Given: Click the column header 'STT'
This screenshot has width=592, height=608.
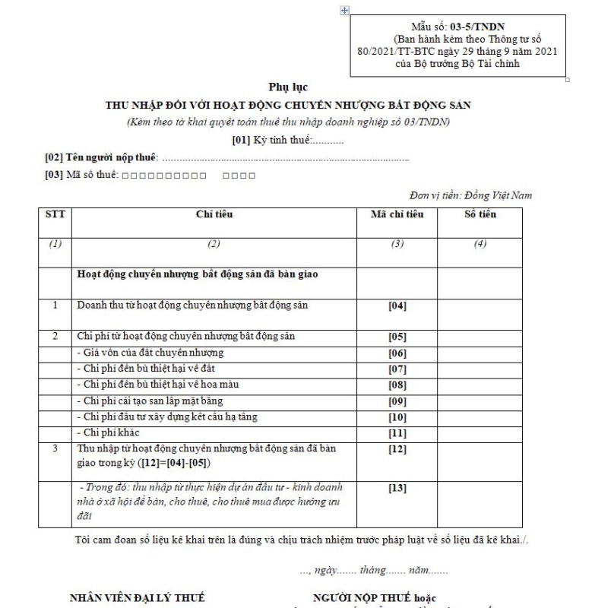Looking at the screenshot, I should click(55, 214).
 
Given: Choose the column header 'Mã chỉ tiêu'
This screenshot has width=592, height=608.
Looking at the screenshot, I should click(397, 214).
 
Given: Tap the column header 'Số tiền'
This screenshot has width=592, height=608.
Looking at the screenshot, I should click(480, 214).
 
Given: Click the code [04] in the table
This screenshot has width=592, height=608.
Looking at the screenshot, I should click(397, 306).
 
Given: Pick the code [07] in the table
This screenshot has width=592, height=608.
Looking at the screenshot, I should click(397, 369).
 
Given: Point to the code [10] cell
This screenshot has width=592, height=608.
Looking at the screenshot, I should click(397, 416).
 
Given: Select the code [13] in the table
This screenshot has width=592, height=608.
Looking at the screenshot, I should click(397, 487).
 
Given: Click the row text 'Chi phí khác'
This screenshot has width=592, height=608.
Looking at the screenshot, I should click(106, 432).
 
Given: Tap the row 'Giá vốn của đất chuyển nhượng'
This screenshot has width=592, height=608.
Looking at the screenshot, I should click(148, 353).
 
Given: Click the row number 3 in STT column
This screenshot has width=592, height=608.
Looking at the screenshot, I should click(55, 448).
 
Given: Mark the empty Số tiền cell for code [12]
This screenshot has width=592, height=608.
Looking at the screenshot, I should click(480, 456).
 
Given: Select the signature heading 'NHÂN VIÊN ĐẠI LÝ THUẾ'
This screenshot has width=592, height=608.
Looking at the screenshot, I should click(137, 597).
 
